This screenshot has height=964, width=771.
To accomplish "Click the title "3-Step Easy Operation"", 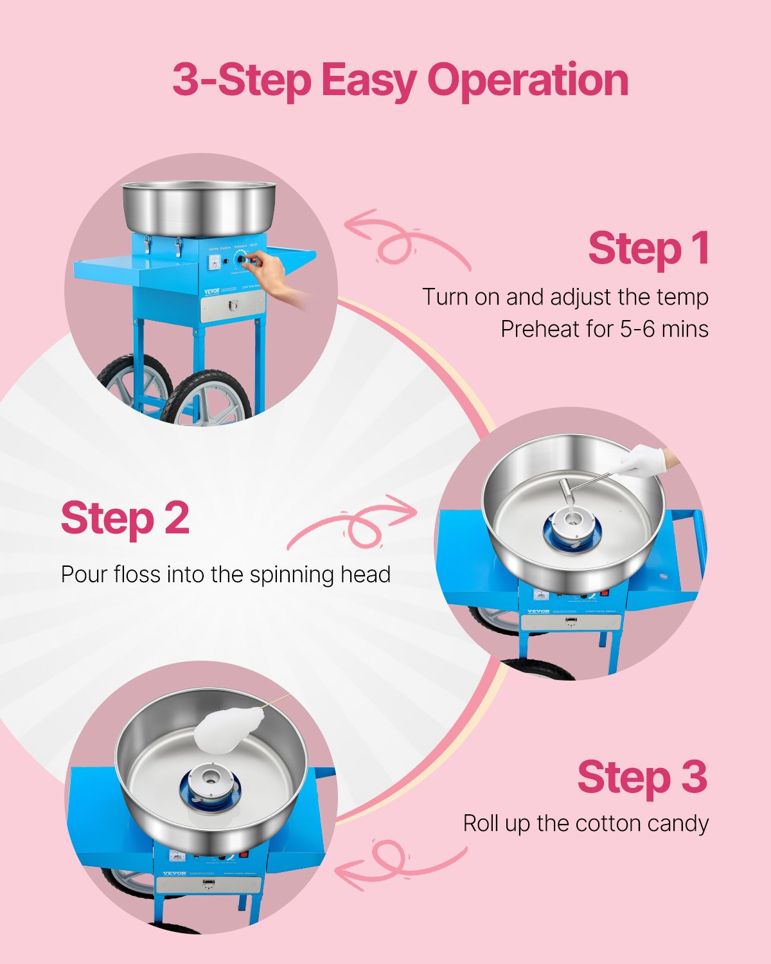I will pyautogui.click(x=400, y=81).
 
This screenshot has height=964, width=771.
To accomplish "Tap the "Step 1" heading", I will pyautogui.click(x=648, y=248).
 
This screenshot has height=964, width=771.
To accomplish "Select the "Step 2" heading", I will pyautogui.click(x=125, y=518).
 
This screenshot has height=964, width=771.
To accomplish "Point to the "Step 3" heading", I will pyautogui.click(x=642, y=777).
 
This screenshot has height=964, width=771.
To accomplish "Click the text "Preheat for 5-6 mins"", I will pyautogui.click(x=604, y=329).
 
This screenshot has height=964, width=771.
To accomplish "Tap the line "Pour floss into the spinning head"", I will pyautogui.click(x=226, y=574).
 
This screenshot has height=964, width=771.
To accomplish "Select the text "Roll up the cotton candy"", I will pyautogui.click(x=585, y=823).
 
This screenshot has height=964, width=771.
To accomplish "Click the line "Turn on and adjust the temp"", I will pyautogui.click(x=565, y=297).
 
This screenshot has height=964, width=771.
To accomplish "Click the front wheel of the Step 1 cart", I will pyautogui.click(x=206, y=398).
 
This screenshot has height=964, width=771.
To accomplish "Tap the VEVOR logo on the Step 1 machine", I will pyautogui.click(x=211, y=291).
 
